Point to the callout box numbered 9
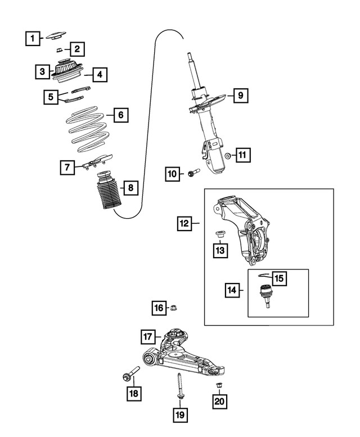[240, 95]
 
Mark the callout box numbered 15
[280, 277]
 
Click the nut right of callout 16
[175, 308]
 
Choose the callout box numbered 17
[147, 337]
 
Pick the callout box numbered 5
[51, 97]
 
